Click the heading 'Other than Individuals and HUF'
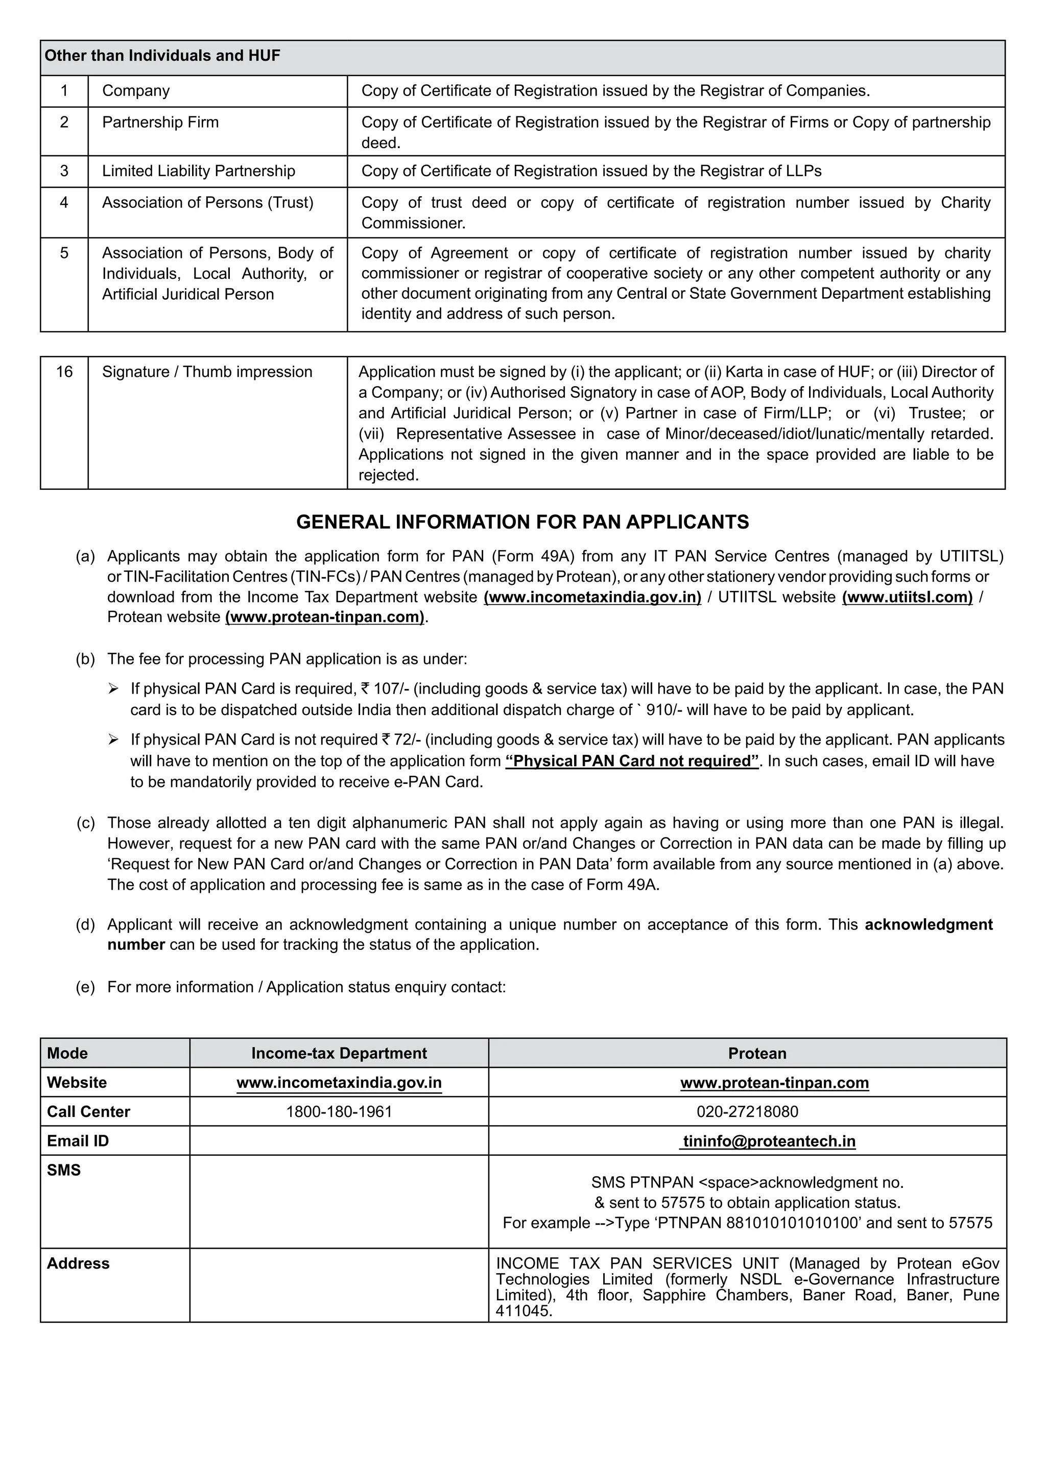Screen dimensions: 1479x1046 pyautogui.click(x=162, y=56)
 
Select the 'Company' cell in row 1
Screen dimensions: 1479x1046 pyautogui.click(x=136, y=91)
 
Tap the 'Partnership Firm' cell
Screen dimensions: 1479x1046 pyautogui.click(x=160, y=123)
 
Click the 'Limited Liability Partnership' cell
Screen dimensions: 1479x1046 pyautogui.click(x=198, y=172)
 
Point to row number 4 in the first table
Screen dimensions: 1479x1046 pyautogui.click(x=64, y=203)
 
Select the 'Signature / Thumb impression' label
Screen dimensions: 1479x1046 pyautogui.click(x=207, y=372)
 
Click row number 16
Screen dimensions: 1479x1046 pyautogui.click(x=64, y=372)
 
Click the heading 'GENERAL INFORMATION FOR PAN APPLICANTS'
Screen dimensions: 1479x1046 pyautogui.click(x=522, y=522)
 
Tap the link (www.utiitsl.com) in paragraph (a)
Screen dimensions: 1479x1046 pyautogui.click(x=907, y=597)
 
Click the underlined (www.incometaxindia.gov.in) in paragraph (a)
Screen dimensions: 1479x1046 pyautogui.click(x=592, y=597)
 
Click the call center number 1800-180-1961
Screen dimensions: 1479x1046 pyautogui.click(x=339, y=1112)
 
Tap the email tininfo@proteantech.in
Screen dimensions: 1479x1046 pyautogui.click(x=769, y=1141)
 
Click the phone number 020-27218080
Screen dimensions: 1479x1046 pyautogui.click(x=747, y=1112)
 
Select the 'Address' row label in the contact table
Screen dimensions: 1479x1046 pyautogui.click(x=78, y=1264)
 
